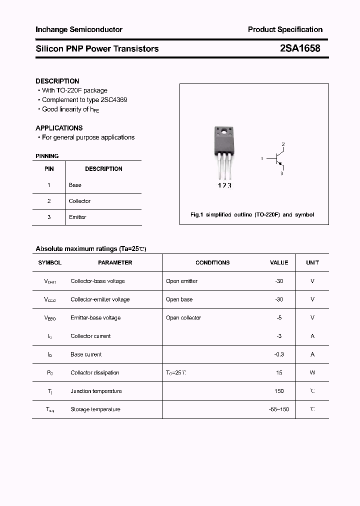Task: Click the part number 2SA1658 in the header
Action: pos(300,48)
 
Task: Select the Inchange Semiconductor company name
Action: pos(79,29)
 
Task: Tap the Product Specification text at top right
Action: pos(285,29)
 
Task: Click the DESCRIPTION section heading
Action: pos(57,81)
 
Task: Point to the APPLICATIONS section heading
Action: pos(59,128)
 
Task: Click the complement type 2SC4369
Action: pos(110,99)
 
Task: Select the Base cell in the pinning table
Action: pos(75,185)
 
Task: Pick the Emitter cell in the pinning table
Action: pos(77,217)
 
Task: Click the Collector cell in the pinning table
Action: pos(79,201)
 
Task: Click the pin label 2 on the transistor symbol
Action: pos(283,144)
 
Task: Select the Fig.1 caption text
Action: pos(252,214)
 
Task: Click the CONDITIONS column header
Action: pos(212,262)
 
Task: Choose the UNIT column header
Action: pos(312,262)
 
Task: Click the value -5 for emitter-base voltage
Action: pos(279,318)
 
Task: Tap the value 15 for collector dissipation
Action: pos(279,373)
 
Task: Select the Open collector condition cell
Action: pos(183,318)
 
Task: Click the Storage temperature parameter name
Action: pos(95,409)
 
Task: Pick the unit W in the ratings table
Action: pos(312,373)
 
